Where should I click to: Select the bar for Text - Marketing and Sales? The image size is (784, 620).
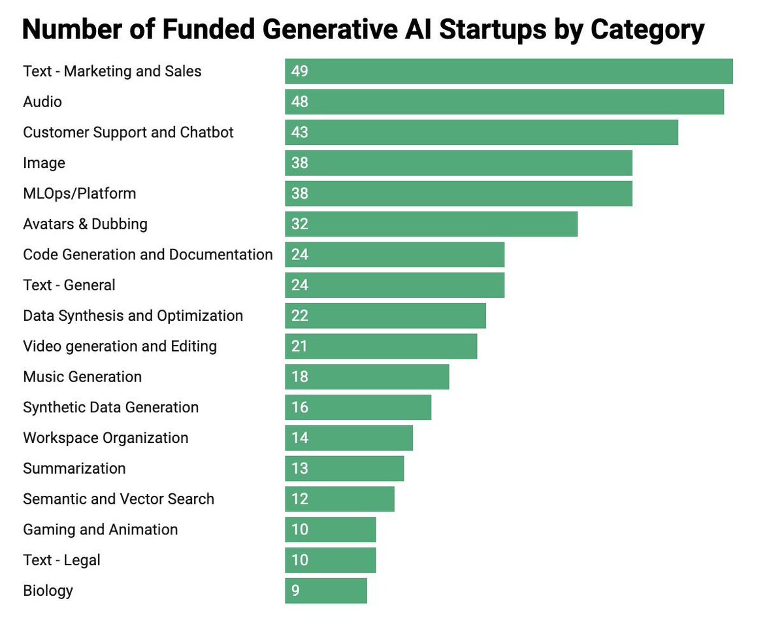(x=508, y=71)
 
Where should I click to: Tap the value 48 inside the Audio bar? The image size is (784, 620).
(x=300, y=102)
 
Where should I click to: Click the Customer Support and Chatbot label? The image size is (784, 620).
(x=128, y=133)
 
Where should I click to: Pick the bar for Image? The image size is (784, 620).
(x=458, y=163)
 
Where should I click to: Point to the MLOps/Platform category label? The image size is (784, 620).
(x=79, y=193)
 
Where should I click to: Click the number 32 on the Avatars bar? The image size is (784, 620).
(x=300, y=224)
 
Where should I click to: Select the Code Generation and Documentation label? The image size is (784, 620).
(x=148, y=255)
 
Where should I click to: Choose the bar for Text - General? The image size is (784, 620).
(x=395, y=285)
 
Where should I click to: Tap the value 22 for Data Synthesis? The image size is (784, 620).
(x=300, y=316)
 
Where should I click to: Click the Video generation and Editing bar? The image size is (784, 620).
(x=381, y=346)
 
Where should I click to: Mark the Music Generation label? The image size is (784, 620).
(x=82, y=377)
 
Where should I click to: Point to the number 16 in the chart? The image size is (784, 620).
(x=300, y=408)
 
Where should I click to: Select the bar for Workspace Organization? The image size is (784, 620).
(x=349, y=438)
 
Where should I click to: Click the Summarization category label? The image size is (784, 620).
(x=74, y=468)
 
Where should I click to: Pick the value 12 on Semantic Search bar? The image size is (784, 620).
(x=300, y=499)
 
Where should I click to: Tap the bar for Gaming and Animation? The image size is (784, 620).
(x=331, y=530)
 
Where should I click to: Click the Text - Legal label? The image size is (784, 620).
(x=61, y=561)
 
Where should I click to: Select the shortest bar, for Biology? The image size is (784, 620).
(x=326, y=591)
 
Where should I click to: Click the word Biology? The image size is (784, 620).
(x=48, y=591)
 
